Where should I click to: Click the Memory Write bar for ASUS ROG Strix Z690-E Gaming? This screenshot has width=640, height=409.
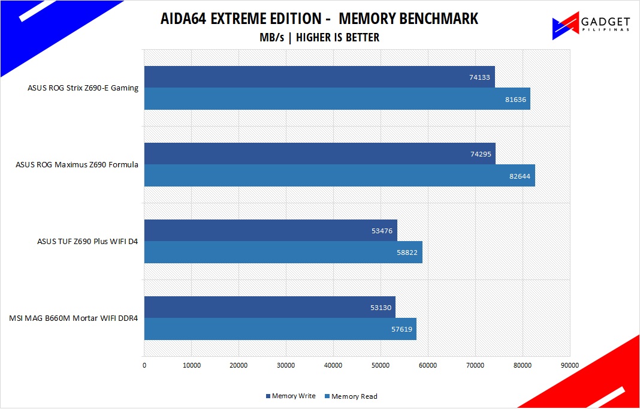click(319, 77)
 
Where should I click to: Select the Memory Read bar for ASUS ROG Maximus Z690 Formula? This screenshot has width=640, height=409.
click(339, 175)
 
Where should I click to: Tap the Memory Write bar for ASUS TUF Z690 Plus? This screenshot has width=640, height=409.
click(270, 230)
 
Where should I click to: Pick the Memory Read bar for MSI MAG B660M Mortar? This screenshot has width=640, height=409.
click(280, 329)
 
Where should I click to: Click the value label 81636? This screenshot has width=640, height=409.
click(515, 100)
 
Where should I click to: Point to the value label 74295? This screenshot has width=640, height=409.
click(480, 154)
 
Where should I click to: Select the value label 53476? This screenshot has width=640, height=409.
click(382, 231)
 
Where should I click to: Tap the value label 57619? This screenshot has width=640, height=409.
click(401, 330)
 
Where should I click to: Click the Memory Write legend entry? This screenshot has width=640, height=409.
click(291, 396)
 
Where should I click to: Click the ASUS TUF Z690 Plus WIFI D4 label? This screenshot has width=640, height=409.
click(87, 242)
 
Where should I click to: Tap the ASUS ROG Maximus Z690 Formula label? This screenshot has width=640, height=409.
click(77, 165)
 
